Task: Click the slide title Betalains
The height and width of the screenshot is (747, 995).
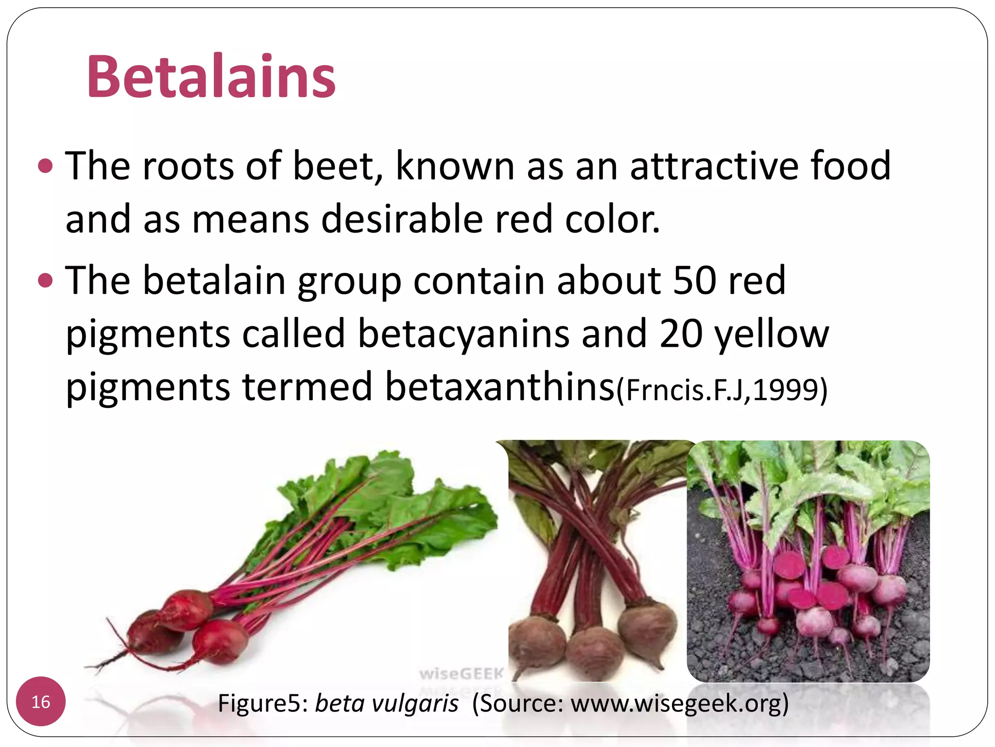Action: [x=211, y=77]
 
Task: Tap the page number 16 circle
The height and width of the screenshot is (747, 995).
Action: [x=41, y=702]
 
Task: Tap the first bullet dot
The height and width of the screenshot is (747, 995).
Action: [x=45, y=166]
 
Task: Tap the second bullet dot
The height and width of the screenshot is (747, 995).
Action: [x=45, y=281]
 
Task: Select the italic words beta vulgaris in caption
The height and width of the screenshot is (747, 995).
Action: [x=387, y=703]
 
